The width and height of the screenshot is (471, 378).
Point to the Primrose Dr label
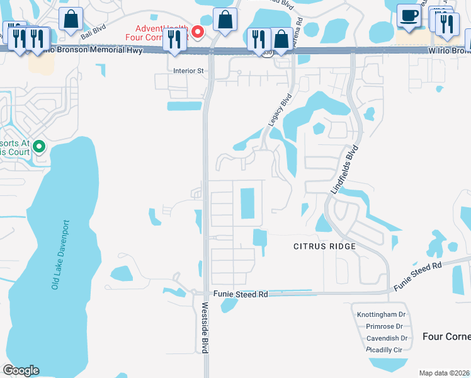click(384, 326)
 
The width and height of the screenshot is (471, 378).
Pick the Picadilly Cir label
click(384, 350)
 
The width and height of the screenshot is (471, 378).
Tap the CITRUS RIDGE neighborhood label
click(325, 246)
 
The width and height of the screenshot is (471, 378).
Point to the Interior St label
click(188, 71)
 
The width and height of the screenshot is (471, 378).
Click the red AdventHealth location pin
click(197, 31)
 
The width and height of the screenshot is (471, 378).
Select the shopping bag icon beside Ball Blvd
click(71, 19)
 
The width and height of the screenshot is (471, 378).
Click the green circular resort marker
click(38, 147)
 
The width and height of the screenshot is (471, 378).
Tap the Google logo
click(21, 370)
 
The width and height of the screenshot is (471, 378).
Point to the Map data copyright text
click(445, 373)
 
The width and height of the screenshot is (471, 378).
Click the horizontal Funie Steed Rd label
click(241, 294)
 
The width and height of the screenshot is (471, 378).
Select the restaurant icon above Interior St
click(173, 39)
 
